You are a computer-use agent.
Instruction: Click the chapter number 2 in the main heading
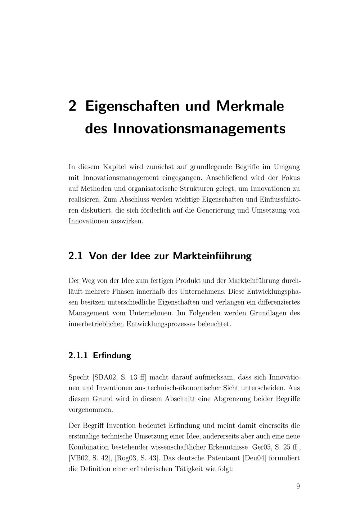pos(72,106)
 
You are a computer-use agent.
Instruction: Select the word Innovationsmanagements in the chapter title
pos(199,129)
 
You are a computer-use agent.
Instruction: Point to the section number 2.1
pos(76,256)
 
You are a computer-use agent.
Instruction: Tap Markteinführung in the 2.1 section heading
pos(212,256)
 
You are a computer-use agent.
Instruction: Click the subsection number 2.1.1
pos(78,356)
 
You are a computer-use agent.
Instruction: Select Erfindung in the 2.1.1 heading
pos(112,356)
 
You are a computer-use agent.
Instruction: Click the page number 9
pos(298,486)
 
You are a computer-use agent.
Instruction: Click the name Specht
pos(79,378)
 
